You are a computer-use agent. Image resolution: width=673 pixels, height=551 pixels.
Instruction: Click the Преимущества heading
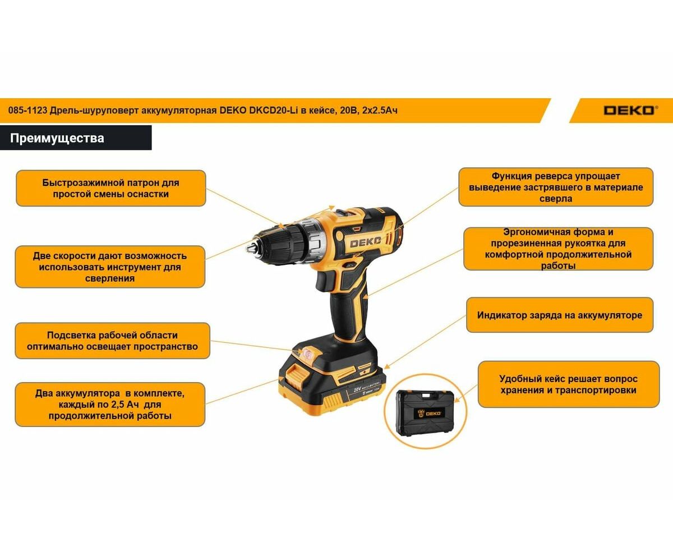[57, 138]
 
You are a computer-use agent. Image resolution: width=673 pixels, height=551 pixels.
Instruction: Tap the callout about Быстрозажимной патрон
[110, 188]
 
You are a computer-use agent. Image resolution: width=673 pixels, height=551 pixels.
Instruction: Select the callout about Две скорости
[110, 267]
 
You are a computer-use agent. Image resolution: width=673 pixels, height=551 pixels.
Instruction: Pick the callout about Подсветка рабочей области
[112, 341]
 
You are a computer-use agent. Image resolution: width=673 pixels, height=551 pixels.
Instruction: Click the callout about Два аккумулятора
[110, 404]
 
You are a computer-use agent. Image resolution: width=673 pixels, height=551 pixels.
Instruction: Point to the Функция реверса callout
[556, 187]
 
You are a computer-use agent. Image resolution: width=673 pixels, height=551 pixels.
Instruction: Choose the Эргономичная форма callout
[558, 249]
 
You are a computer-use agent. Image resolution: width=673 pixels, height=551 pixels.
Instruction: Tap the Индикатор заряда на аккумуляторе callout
[560, 315]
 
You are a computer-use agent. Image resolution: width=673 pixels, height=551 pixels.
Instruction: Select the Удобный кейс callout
[568, 384]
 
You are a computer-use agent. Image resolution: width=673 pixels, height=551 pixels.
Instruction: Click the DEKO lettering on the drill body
[365, 242]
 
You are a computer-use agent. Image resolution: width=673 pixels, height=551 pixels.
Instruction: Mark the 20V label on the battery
[357, 390]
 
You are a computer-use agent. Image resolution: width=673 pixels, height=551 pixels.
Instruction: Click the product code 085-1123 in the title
[28, 111]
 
